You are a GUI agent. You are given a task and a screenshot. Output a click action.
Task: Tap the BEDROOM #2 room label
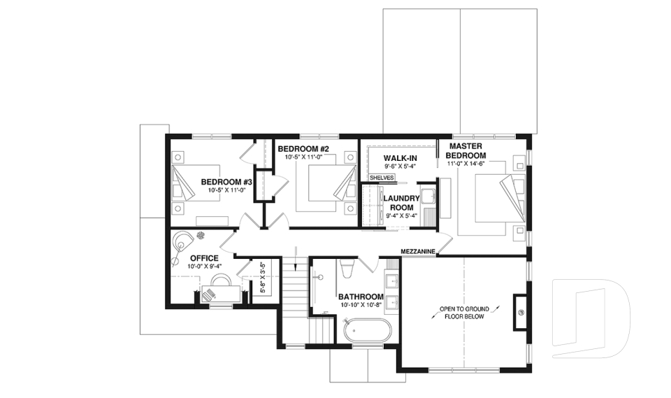click(303, 148)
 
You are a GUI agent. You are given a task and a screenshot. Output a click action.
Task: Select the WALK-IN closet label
click(400, 158)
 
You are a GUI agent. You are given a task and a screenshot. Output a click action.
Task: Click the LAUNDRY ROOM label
click(401, 203)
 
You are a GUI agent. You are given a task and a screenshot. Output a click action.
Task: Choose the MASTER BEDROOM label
click(466, 150)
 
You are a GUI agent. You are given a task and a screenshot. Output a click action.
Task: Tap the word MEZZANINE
click(419, 251)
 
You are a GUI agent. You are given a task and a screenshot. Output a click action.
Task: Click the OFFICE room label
click(204, 258)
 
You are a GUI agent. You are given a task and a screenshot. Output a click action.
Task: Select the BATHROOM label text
click(361, 296)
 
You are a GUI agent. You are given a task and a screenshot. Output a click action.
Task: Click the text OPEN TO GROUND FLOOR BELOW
click(463, 312)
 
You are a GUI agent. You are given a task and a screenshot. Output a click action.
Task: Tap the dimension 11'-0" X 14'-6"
click(466, 164)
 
